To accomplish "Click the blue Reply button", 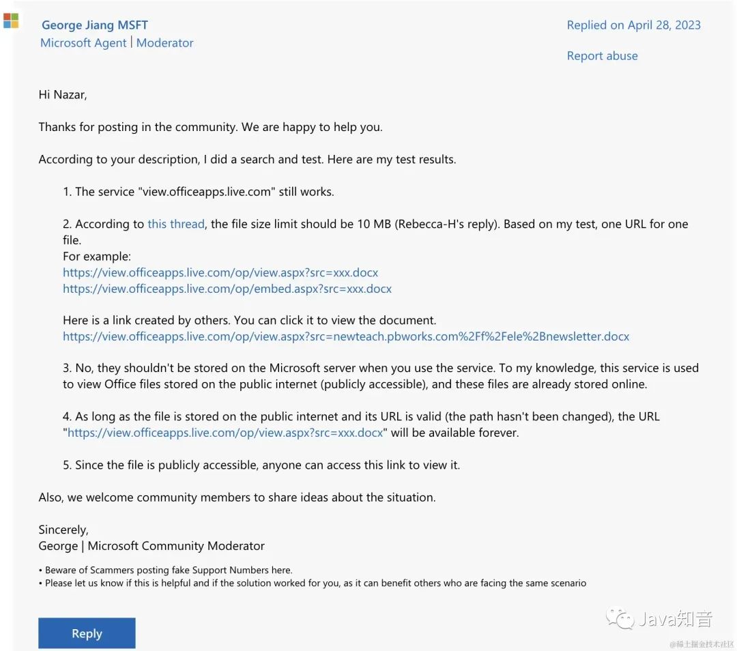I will coord(87,633).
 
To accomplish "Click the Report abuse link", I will coord(602,56).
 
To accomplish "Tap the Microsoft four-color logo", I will coord(11,20).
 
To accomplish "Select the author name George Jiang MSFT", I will coord(94,25).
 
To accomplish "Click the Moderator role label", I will coord(165,43).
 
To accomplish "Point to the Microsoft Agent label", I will coord(83,43).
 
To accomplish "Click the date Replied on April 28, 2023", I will coord(633,25).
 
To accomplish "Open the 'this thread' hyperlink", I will coord(176,224).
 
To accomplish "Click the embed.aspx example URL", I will coord(227,289).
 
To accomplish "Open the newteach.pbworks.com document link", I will coord(346,336).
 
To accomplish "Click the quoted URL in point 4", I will coord(225,433).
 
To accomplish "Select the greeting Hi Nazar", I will coord(63,95).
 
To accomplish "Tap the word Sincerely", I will coord(63,530).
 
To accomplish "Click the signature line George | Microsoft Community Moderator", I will coord(151,546).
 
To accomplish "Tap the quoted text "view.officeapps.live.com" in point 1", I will coord(206,192).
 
